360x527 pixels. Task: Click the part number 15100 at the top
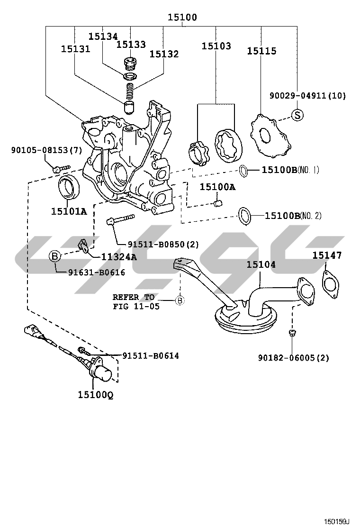(182, 18)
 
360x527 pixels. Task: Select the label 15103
(216, 46)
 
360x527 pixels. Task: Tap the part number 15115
(261, 51)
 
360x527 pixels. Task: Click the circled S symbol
(297, 114)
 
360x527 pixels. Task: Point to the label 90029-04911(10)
(307, 96)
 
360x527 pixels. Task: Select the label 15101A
(69, 211)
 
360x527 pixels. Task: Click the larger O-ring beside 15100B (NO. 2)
(244, 216)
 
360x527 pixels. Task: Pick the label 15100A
(217, 187)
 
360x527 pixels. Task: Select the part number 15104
(261, 264)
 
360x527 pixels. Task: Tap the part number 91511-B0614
(151, 355)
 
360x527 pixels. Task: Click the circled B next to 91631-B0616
(55, 257)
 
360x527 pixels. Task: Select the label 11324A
(118, 257)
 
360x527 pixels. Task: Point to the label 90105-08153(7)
(47, 150)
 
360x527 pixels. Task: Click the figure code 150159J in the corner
(336, 521)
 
